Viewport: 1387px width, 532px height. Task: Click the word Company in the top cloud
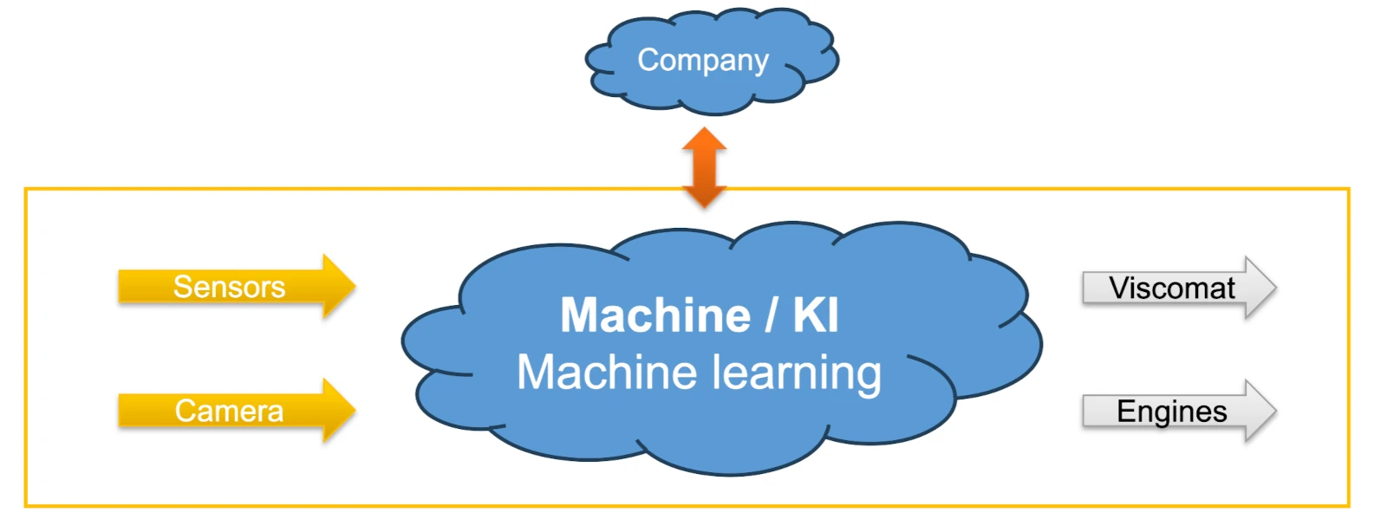tap(703, 60)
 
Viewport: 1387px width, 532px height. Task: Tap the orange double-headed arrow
tap(704, 167)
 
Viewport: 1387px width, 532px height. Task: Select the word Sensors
tap(229, 287)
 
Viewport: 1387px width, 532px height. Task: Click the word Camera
tap(229, 411)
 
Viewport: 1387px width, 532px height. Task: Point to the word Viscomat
tap(1172, 288)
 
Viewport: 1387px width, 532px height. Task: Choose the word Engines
tap(1171, 412)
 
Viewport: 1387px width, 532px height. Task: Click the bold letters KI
tap(816, 315)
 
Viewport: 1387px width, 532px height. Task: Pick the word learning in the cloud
tap(797, 373)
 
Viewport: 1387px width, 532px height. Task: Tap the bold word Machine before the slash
tap(655, 315)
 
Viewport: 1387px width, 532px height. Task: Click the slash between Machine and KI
tap(772, 315)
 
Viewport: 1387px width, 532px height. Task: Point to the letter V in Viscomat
tap(1120, 288)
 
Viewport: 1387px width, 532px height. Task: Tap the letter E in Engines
tap(1126, 412)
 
